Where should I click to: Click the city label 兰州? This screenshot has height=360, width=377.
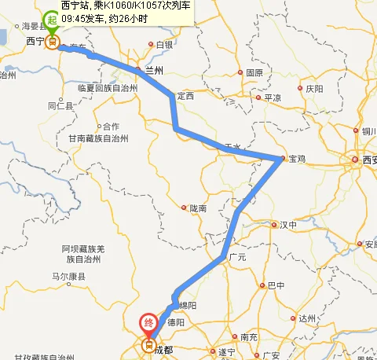[155, 70]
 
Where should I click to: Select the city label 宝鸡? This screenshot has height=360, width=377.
[297, 160]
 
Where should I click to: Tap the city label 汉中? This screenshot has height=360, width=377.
[288, 225]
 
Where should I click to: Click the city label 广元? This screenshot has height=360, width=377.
[236, 257]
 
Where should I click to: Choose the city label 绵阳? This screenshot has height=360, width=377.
[187, 305]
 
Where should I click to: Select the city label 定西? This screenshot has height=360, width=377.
[185, 96]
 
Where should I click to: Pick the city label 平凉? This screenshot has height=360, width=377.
[272, 97]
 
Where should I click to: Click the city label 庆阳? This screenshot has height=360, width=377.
[314, 89]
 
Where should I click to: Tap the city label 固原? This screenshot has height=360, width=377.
[254, 72]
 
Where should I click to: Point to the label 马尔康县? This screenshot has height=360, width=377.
[70, 277]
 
